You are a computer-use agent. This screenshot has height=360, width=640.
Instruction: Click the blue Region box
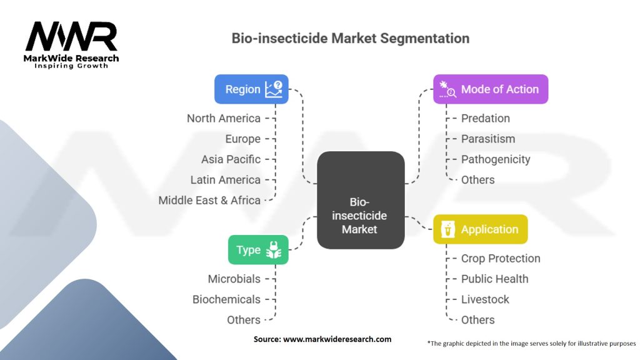click(x=251, y=89)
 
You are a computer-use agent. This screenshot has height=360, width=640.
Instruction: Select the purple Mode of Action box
click(x=491, y=89)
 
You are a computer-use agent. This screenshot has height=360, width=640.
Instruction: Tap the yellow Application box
click(x=481, y=229)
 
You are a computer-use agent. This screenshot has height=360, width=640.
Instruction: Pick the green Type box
click(x=258, y=250)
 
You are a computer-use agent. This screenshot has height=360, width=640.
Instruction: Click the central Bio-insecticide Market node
click(x=361, y=200)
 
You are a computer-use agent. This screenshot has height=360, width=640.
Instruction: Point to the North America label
click(x=224, y=118)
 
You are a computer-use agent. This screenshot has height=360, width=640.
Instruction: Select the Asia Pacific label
click(x=231, y=159)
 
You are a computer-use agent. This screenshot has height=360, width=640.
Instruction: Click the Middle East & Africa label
click(x=209, y=201)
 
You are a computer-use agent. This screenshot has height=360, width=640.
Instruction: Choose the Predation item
click(x=485, y=118)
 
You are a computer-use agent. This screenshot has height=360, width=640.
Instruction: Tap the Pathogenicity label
click(x=496, y=159)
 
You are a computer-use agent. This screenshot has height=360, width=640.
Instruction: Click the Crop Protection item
click(x=501, y=259)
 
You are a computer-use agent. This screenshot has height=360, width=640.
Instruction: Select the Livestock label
click(x=485, y=299)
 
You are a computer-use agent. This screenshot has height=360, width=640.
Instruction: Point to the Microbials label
click(x=234, y=279)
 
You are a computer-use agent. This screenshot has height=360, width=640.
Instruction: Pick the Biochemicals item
click(x=226, y=299)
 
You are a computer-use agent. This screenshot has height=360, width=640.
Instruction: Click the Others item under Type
click(x=244, y=320)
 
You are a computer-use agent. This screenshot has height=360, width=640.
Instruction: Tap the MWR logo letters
click(x=71, y=37)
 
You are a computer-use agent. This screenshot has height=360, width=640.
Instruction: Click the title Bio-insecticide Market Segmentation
click(x=351, y=38)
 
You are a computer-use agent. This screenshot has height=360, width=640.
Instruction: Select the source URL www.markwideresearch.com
click(x=337, y=339)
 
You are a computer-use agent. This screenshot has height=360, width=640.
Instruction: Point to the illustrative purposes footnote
click(x=531, y=344)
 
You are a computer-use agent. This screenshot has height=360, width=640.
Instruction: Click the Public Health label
click(x=495, y=279)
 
